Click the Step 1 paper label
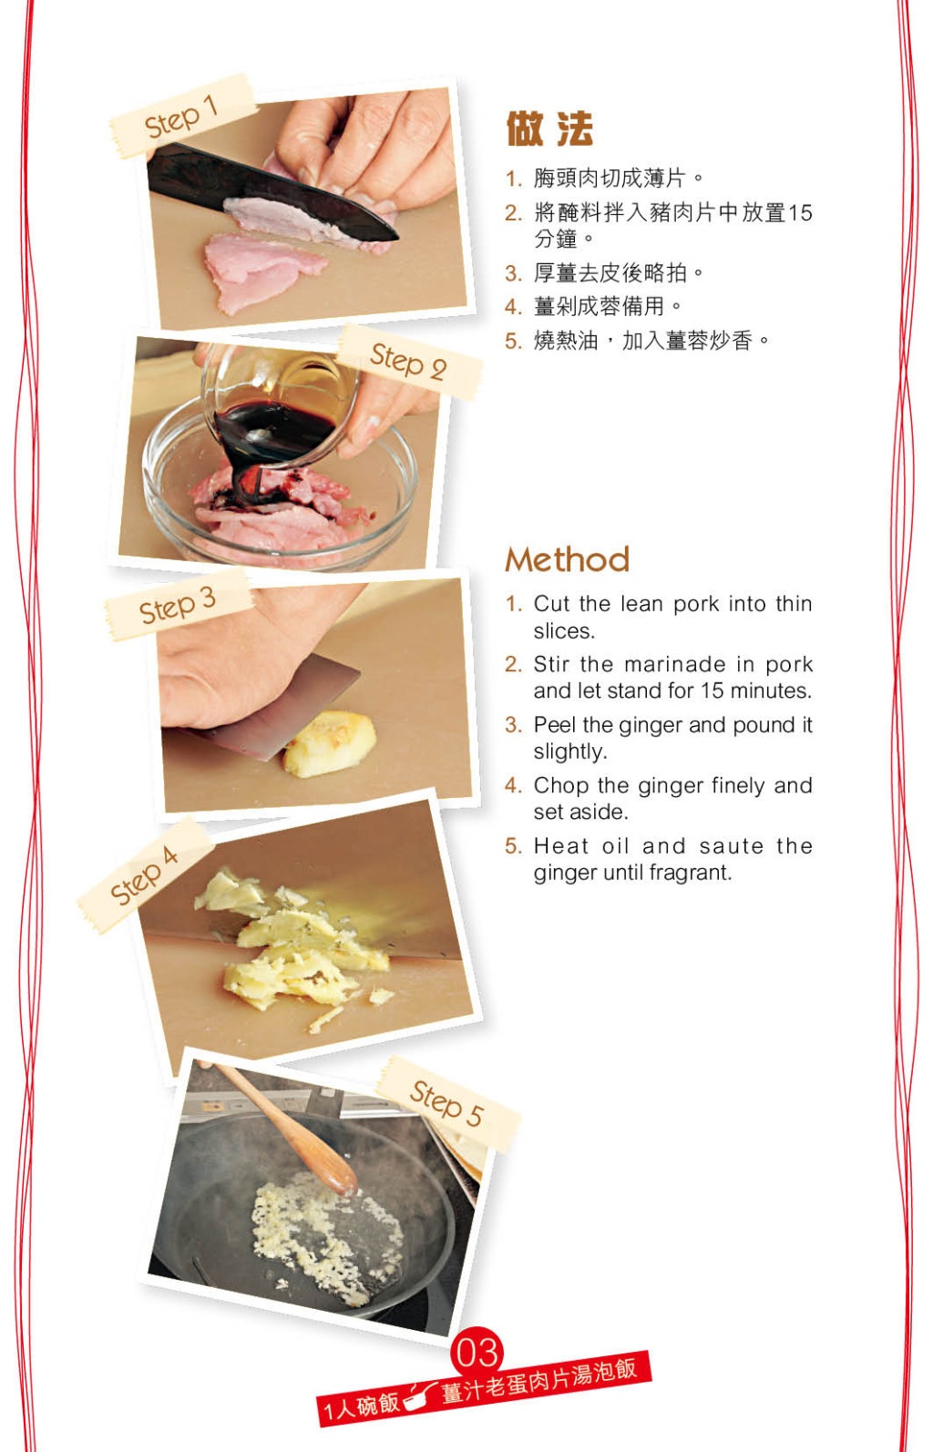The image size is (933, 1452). [x=183, y=117]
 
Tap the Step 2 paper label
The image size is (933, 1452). [x=411, y=362]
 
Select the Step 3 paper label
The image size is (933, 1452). [x=179, y=605]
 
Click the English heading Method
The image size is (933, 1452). [x=568, y=559]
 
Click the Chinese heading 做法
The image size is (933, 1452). [x=549, y=128]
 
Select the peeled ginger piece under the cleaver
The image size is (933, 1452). [x=329, y=743]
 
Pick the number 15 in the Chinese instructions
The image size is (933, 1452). [x=800, y=212]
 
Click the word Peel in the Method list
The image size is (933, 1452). [x=555, y=725]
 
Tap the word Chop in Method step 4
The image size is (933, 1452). [x=561, y=785]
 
